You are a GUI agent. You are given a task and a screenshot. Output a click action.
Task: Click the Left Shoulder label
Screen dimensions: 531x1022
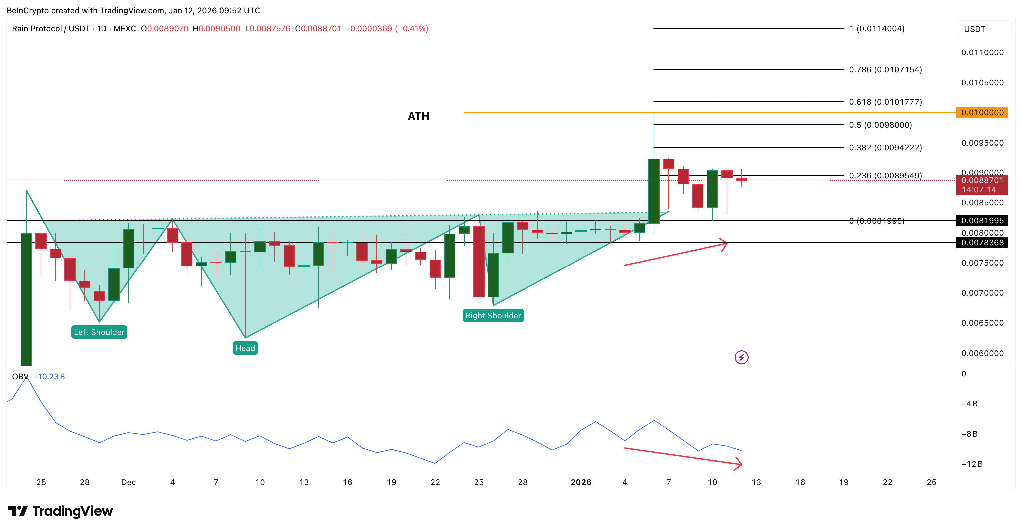click(x=99, y=332)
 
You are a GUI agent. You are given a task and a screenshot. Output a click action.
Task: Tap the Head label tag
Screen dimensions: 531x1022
click(x=245, y=348)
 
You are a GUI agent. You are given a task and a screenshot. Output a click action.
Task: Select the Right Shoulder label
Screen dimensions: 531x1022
click(x=493, y=315)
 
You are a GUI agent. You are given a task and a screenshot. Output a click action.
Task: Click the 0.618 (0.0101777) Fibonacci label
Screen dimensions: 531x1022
click(x=885, y=102)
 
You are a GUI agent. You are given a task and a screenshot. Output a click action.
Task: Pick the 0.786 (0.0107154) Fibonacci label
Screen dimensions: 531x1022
click(x=885, y=70)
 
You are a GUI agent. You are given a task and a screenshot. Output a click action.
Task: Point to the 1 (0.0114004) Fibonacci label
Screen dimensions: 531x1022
click(x=876, y=29)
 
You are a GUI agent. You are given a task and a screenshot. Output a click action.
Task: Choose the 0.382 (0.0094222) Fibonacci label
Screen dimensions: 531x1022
click(x=885, y=148)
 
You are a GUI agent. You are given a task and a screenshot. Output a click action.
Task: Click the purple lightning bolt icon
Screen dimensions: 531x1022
click(x=741, y=357)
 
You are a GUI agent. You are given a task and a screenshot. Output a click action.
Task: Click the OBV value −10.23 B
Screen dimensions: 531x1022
click(x=49, y=377)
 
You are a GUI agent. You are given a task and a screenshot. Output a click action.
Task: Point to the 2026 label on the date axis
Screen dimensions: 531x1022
click(x=581, y=482)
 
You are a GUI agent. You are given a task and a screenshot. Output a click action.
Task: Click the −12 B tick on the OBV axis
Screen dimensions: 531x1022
click(x=971, y=464)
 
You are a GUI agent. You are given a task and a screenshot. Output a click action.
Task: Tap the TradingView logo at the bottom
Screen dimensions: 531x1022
click(x=60, y=511)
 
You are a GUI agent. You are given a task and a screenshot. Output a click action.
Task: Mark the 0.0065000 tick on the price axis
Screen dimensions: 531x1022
click(x=982, y=323)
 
